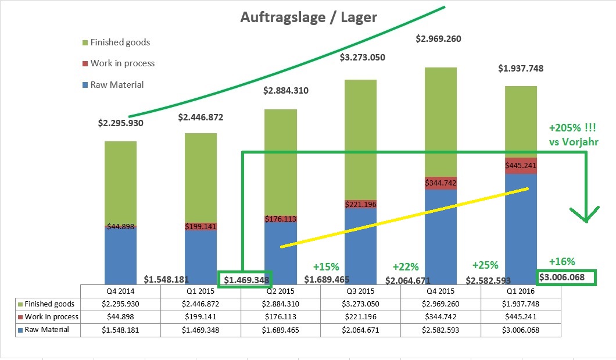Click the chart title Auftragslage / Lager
click(309, 17)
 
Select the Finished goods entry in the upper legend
click(120, 42)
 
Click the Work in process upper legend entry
click(122, 63)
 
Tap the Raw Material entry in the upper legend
click(117, 85)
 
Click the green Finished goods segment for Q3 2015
click(361, 140)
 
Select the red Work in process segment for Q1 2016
click(521, 166)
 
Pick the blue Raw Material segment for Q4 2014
click(120, 256)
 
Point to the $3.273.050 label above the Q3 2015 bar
click(362, 58)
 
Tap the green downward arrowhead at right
click(587, 215)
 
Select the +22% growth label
click(405, 267)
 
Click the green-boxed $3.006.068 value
click(567, 277)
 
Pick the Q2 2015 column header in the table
click(281, 290)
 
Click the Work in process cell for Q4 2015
click(440, 317)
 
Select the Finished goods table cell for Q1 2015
click(200, 304)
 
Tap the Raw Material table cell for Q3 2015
click(360, 330)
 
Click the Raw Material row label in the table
click(46, 330)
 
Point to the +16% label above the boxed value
click(561, 262)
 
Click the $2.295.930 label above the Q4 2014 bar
click(120, 123)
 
